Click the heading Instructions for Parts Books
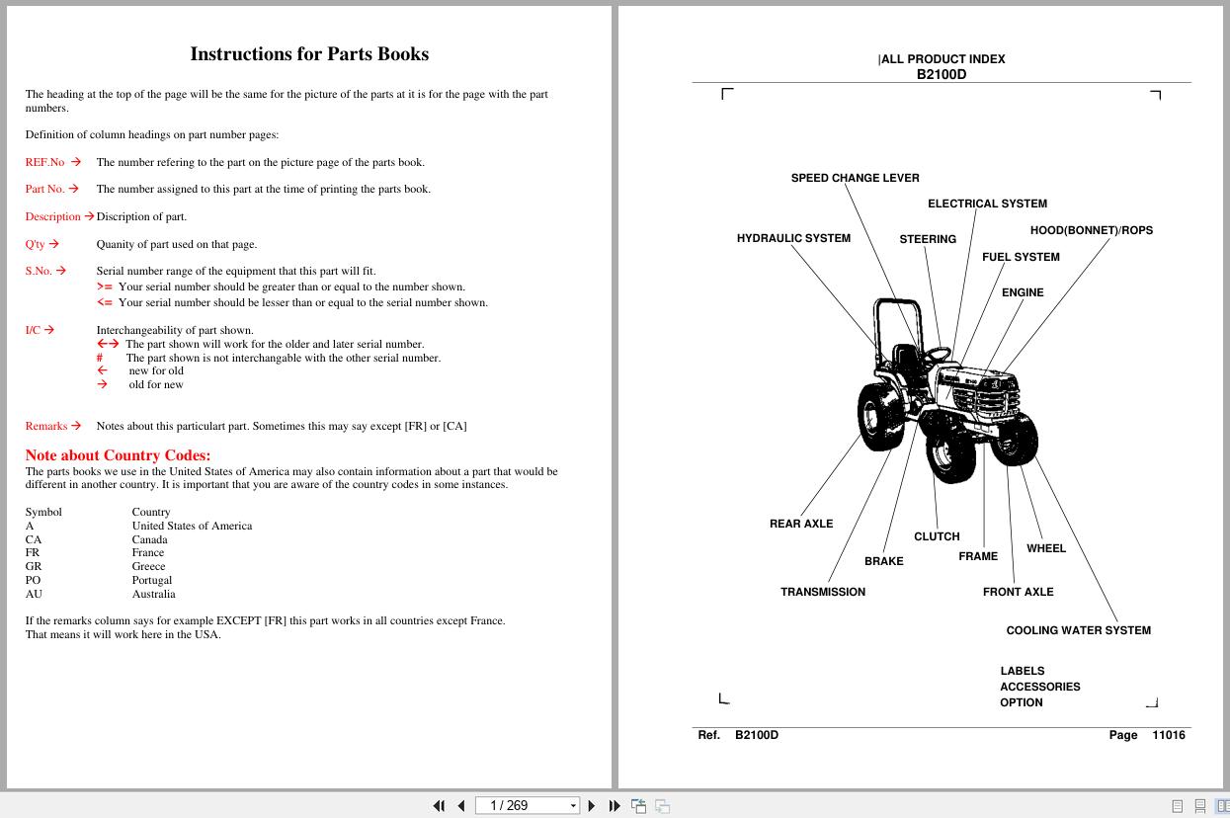pos(309,54)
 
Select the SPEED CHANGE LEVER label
pos(855,178)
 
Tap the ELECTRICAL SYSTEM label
pos(987,204)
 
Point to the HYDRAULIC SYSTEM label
pos(793,238)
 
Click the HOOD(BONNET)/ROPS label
pos(1091,230)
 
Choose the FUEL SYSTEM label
pos(1021,257)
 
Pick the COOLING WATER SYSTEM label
pos(1078,630)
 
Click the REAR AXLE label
pos(801,524)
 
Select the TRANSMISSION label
pos(823,592)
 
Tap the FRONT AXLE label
pos(1018,592)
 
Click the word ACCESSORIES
pos(1039,687)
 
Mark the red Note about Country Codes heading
pos(118,455)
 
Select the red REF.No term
pos(44,162)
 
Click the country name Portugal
pos(152,580)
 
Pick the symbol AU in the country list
pos(34,594)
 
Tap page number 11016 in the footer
pos(1168,735)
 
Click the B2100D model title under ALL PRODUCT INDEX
pos(941,74)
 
